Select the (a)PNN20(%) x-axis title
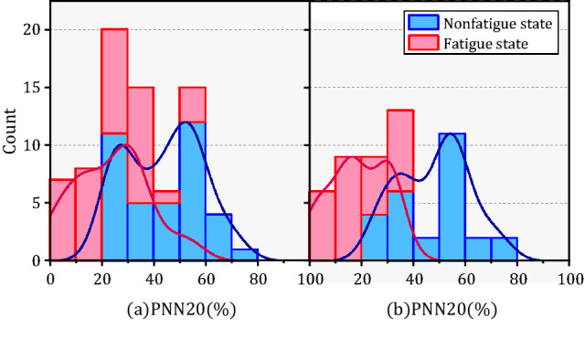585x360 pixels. (x=180, y=309)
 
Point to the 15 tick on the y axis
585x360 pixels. (x=36, y=88)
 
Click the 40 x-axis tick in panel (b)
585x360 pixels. (x=414, y=277)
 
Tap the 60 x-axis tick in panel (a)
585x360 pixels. (x=206, y=277)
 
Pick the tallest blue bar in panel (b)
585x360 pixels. (x=453, y=196)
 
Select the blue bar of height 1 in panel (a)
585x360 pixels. (x=245, y=255)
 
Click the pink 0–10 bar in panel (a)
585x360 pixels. (x=62, y=219)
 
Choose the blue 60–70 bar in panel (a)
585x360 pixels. (x=218, y=238)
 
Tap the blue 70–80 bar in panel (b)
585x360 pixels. (x=505, y=249)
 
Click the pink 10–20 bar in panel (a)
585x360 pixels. (x=88, y=214)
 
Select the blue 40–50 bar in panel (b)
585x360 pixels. (x=427, y=249)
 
